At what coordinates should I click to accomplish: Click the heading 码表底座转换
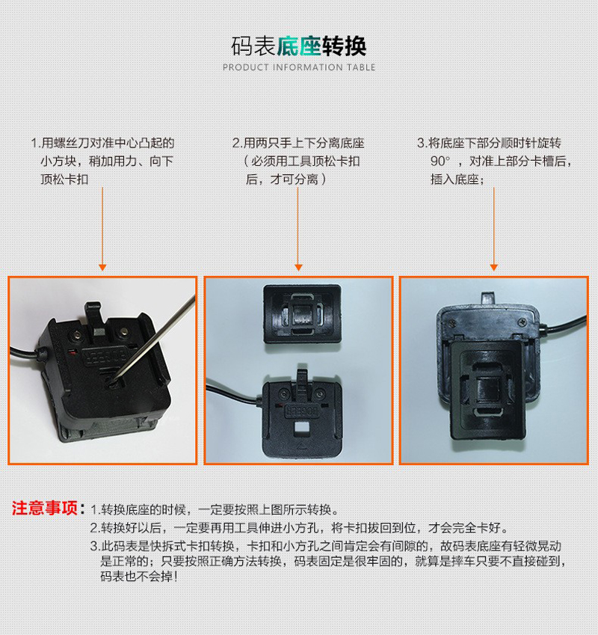pos(299,46)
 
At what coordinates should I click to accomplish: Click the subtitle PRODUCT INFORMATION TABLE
pos(299,67)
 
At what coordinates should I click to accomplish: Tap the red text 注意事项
pos(45,509)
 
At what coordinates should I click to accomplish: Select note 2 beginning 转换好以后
pos(299,527)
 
